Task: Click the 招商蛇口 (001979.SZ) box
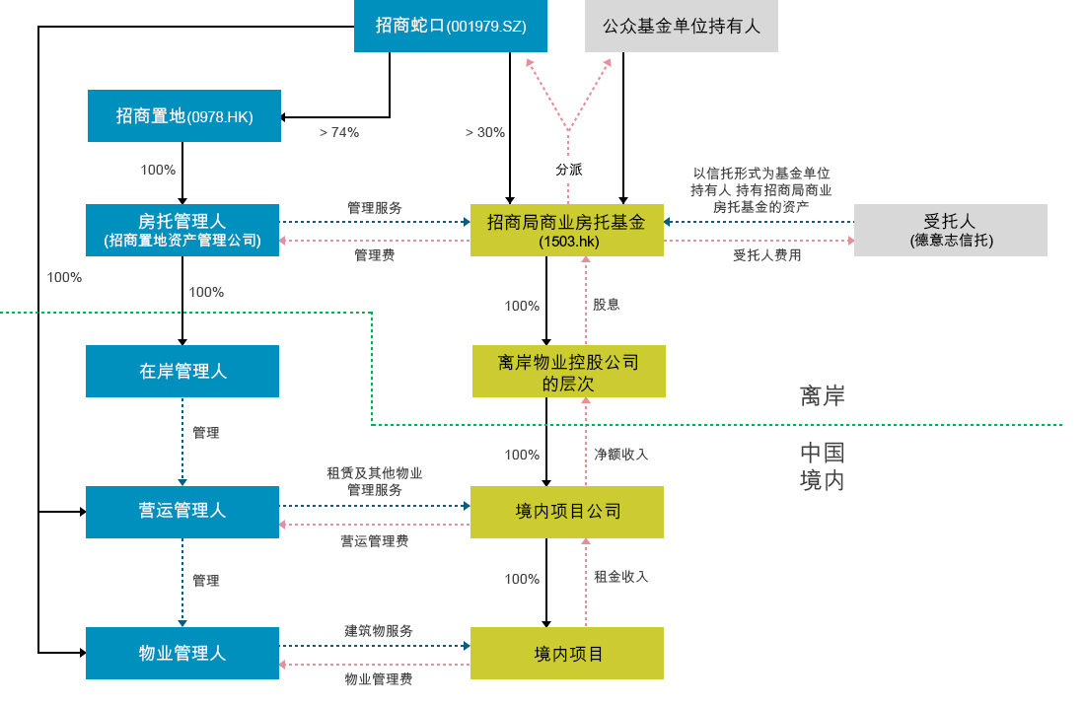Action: [x=451, y=27]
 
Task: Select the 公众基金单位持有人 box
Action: [x=682, y=27]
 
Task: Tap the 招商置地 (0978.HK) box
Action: [x=184, y=116]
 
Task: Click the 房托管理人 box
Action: [x=182, y=231]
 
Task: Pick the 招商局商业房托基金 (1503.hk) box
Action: [x=567, y=231]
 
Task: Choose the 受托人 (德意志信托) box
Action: [x=951, y=231]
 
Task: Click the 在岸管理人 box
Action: [x=182, y=372]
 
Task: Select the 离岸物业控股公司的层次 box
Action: [x=569, y=372]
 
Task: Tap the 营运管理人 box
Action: [x=182, y=513]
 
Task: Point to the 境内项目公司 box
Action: [x=567, y=513]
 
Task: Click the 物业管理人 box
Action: [x=182, y=654]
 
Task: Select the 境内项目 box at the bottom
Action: [x=567, y=654]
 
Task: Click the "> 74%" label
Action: [x=339, y=133]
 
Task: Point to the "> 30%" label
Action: [x=485, y=133]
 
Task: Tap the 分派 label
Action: [x=569, y=170]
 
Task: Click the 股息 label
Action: [x=607, y=305]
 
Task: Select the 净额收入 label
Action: [x=620, y=455]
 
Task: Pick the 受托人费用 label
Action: [x=766, y=255]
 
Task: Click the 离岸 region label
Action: [x=822, y=396]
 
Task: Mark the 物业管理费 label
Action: [x=379, y=679]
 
